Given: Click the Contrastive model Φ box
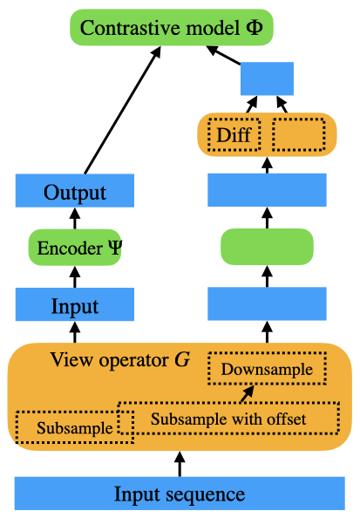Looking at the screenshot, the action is [172, 27].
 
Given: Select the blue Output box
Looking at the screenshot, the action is [75, 191].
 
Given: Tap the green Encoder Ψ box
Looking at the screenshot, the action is [75, 247].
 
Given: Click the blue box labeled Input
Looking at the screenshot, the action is [75, 304].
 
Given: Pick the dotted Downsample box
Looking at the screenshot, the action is [268, 368].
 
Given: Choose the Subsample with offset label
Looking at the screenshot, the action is [228, 419].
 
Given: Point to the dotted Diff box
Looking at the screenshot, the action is [234, 135].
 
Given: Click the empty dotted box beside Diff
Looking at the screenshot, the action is [299, 135].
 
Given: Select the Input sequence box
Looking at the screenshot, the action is [180, 494].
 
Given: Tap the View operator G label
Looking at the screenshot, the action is [120, 359].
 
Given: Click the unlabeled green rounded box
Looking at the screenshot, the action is [267, 247].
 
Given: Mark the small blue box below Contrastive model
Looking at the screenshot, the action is [267, 78].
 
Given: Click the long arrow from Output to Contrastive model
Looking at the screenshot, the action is [123, 110].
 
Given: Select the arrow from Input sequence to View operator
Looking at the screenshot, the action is [180, 464].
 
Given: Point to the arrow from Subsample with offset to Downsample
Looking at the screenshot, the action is [248, 393].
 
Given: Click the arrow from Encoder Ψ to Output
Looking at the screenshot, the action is [75, 218].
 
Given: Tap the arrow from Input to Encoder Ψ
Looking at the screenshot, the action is [75, 276].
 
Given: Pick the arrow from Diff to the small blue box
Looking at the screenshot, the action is [252, 104].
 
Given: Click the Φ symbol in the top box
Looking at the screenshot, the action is [255, 27].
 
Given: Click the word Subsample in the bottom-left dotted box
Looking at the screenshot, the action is [75, 428].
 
